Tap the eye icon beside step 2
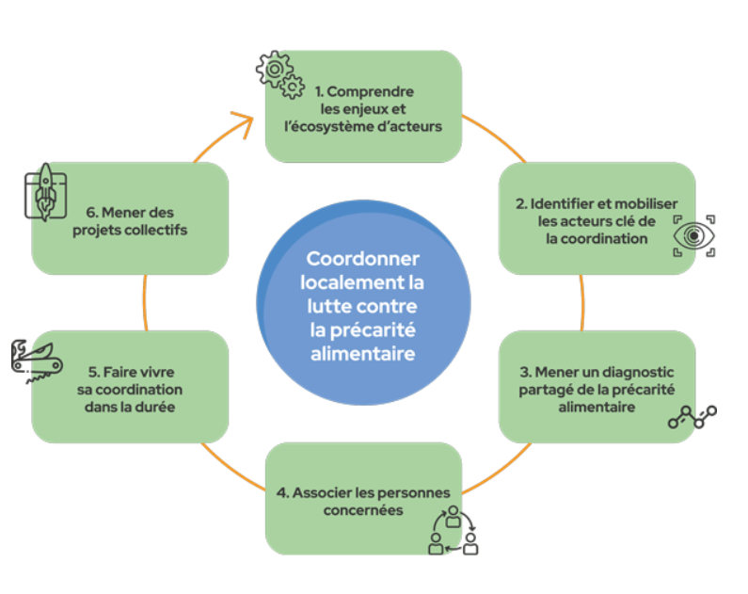pyautogui.click(x=694, y=233)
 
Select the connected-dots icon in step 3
pyautogui.click(x=692, y=418)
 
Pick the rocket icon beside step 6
pyautogui.click(x=44, y=194)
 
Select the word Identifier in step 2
pyautogui.click(x=563, y=203)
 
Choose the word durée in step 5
pyautogui.click(x=153, y=408)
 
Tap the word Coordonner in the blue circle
pyautogui.click(x=363, y=260)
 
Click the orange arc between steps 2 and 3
pyautogui.click(x=583, y=301)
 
